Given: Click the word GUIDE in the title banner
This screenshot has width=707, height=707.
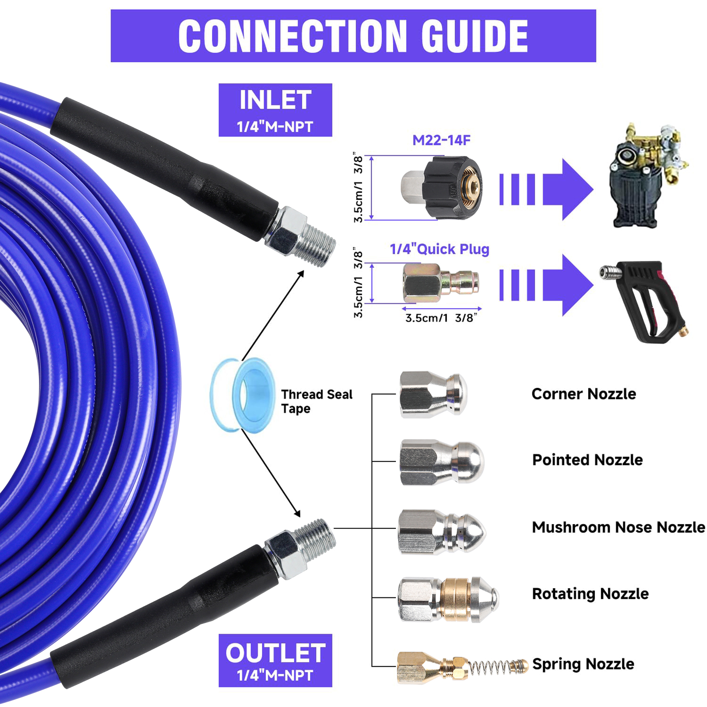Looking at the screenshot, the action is coord(475,36).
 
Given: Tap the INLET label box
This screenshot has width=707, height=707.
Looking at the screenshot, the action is coord(275,110).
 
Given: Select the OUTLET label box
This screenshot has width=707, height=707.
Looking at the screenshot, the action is coord(275,660).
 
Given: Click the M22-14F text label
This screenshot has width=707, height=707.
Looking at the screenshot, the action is coord(441,141).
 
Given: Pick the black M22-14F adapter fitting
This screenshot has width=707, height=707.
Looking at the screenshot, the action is coord(442,187).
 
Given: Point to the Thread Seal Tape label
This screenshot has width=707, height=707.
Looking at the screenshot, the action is coord(317,401).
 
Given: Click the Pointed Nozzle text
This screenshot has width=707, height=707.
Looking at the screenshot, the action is coord(587,460).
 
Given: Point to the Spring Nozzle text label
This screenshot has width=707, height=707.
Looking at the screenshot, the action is coord(583,664).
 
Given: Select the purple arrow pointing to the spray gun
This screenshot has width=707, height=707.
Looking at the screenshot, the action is coord(547,285).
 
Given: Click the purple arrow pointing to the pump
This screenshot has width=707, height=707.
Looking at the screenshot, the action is coord(547,189).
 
